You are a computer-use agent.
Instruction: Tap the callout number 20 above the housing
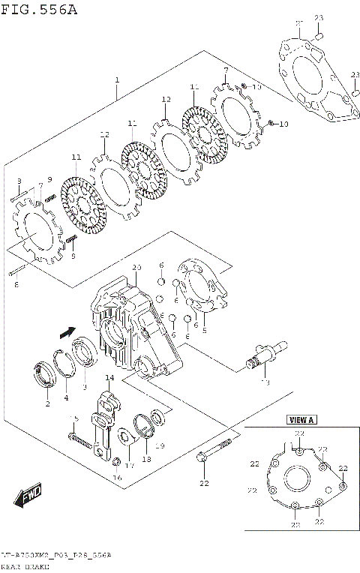[x=136, y=268]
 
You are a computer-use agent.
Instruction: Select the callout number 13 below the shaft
[x=263, y=382]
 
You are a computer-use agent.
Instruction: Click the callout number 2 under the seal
[x=46, y=403]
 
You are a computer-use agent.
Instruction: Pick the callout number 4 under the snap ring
[x=66, y=397]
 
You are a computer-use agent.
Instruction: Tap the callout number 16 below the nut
[x=116, y=477]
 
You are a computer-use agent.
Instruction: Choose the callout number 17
[x=129, y=465]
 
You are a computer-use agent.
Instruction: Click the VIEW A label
[x=298, y=421]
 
